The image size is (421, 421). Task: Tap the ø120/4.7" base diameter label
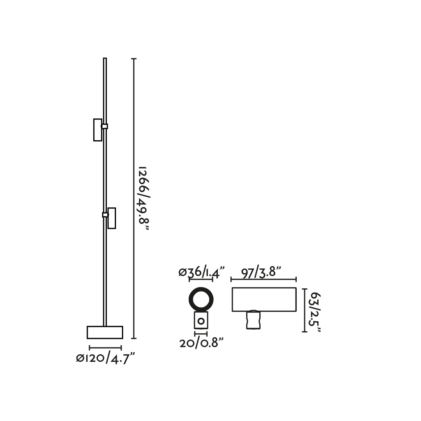(105, 358)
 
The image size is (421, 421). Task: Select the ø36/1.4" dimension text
(201, 272)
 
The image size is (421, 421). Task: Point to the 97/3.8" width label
(261, 272)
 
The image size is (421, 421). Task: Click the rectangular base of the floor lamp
(105, 332)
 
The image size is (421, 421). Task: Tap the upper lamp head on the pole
(98, 130)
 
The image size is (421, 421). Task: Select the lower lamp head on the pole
(112, 218)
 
